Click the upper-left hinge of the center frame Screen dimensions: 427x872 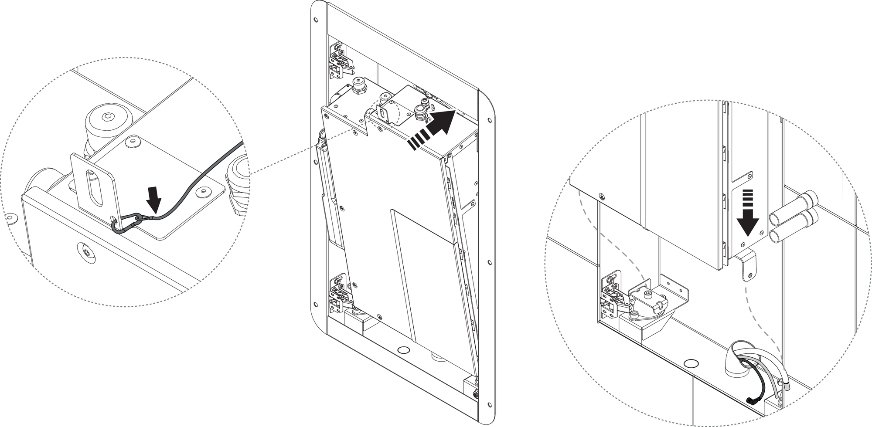pyautogui.click(x=341, y=61)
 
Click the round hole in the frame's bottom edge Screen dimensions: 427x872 pyautogui.click(x=404, y=350)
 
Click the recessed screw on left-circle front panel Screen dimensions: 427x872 pyautogui.click(x=85, y=251)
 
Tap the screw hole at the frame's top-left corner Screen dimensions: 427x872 pyautogui.click(x=316, y=20)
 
